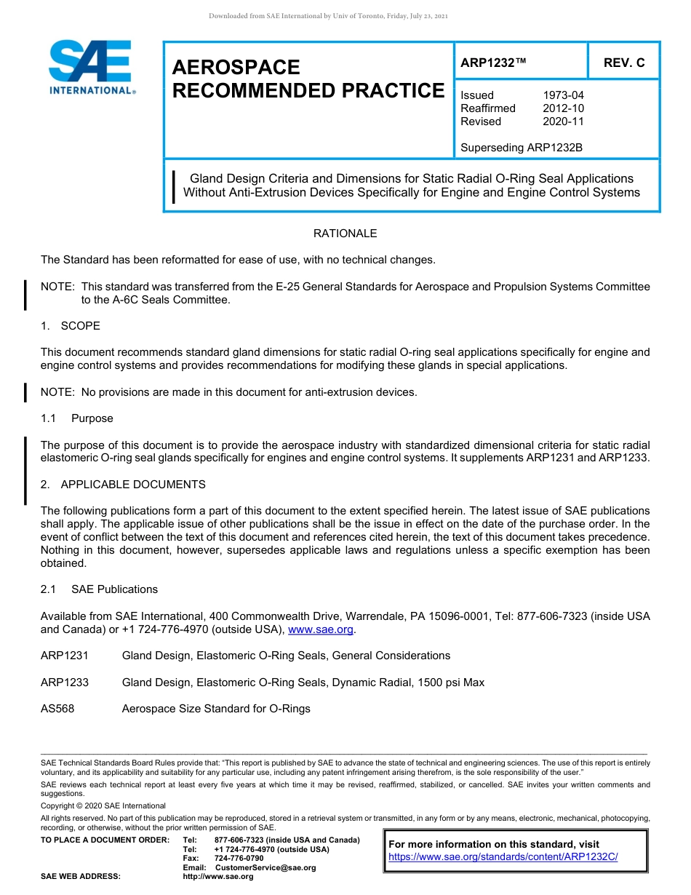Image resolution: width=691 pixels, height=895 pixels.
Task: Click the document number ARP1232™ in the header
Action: coord(492,63)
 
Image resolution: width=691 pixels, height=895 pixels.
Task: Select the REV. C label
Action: coord(623,63)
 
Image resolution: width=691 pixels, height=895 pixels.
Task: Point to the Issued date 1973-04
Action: coord(563,95)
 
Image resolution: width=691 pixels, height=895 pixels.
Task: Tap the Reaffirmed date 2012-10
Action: coord(563,108)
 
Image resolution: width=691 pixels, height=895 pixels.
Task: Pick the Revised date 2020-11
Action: coord(563,122)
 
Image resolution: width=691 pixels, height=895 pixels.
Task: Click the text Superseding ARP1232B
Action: coord(522,148)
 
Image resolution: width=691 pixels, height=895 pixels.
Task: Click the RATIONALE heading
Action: coord(345,234)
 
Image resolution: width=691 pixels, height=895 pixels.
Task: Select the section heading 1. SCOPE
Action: coord(71,325)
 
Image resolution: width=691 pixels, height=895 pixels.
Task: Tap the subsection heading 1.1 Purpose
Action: coord(77,418)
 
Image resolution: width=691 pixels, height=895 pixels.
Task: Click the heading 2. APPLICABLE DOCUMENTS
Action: coord(123,485)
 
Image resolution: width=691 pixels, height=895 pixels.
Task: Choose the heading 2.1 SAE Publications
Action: coord(99,589)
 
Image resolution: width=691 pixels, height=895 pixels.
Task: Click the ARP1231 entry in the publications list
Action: coord(65,656)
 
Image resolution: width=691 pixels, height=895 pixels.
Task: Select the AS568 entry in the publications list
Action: coord(57,709)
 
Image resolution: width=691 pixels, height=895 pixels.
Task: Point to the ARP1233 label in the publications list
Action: coord(65,683)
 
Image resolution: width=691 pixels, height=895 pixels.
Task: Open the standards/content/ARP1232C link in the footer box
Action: coord(503,857)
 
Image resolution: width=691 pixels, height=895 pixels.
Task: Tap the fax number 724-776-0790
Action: coord(239,859)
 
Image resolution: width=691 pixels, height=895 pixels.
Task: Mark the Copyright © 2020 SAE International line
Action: coord(103,805)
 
